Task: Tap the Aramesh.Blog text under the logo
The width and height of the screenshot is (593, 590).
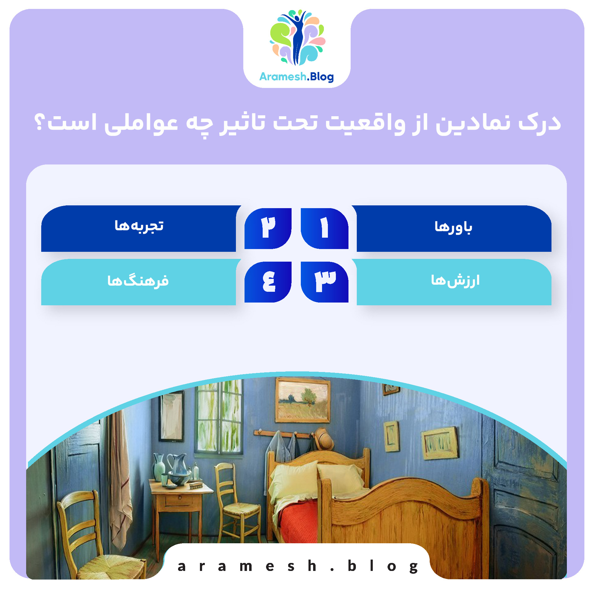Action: pyautogui.click(x=296, y=77)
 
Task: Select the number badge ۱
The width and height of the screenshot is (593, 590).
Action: pyautogui.click(x=324, y=228)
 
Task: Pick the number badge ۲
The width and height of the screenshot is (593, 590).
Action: pyautogui.click(x=268, y=228)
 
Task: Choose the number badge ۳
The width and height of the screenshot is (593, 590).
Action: pyautogui.click(x=324, y=282)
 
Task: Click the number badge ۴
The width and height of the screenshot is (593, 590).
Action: pyautogui.click(x=268, y=282)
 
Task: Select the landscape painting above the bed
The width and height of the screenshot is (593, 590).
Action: pyautogui.click(x=303, y=400)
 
